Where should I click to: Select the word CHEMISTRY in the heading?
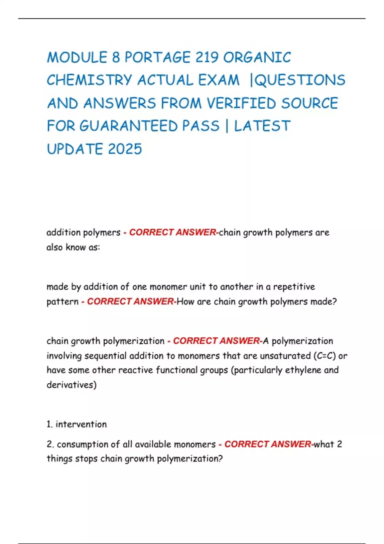point(89,80)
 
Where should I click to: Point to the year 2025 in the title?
point(125,149)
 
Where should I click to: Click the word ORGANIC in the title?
point(257,58)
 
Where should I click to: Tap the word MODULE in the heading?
point(77,58)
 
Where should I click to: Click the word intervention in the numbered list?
point(81,424)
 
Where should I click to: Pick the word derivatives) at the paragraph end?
point(71,385)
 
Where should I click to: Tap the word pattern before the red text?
point(62,301)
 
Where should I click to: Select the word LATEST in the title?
point(262,126)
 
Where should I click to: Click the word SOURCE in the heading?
point(309,103)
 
